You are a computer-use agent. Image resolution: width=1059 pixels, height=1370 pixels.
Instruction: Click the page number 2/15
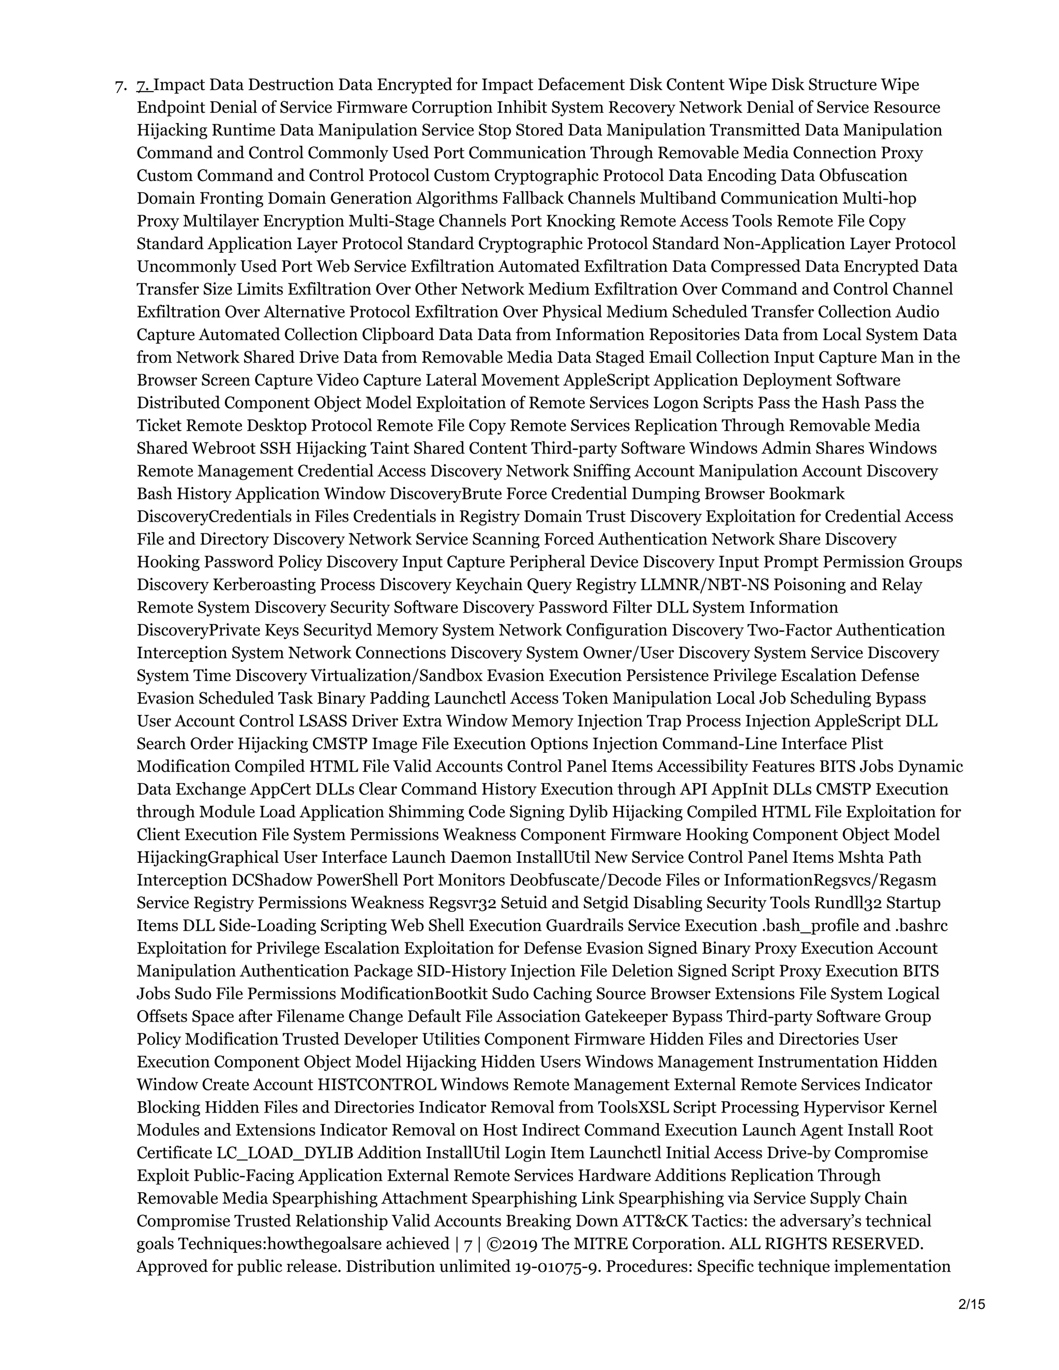[x=972, y=1304]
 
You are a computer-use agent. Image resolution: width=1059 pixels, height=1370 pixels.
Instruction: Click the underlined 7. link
[x=144, y=85]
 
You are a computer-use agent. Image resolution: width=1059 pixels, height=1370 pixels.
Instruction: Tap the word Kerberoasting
[x=264, y=585]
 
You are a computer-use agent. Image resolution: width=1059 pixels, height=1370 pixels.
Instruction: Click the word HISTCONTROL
[x=377, y=1085]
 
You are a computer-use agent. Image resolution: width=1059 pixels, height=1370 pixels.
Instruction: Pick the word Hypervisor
[x=845, y=1107]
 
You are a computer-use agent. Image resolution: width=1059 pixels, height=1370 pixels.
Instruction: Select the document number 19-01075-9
[x=556, y=1266]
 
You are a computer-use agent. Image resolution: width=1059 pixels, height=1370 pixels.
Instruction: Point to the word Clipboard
[x=398, y=334]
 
